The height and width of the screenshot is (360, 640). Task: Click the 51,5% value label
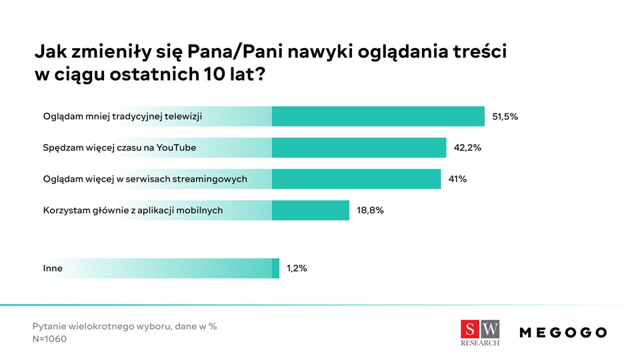(x=505, y=117)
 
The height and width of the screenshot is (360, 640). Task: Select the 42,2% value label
(x=467, y=148)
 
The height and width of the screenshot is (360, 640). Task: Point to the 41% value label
(x=457, y=179)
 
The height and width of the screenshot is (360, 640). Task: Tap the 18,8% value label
(x=371, y=210)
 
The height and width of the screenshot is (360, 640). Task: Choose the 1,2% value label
(x=297, y=269)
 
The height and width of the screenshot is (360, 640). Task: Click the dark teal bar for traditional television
(x=378, y=117)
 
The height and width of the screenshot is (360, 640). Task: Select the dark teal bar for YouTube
(x=359, y=148)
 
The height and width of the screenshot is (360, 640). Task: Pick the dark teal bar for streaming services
(x=356, y=179)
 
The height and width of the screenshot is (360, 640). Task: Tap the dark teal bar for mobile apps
(x=310, y=210)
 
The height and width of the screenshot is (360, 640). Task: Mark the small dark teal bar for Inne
(x=275, y=269)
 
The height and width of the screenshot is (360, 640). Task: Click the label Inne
(x=53, y=269)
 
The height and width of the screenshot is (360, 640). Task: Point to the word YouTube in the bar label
(x=176, y=148)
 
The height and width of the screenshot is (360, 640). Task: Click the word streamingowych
(x=215, y=179)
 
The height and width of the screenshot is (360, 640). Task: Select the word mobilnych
(x=201, y=210)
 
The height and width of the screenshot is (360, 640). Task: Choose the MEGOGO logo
(x=563, y=332)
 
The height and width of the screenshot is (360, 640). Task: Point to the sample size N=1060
(x=50, y=339)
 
